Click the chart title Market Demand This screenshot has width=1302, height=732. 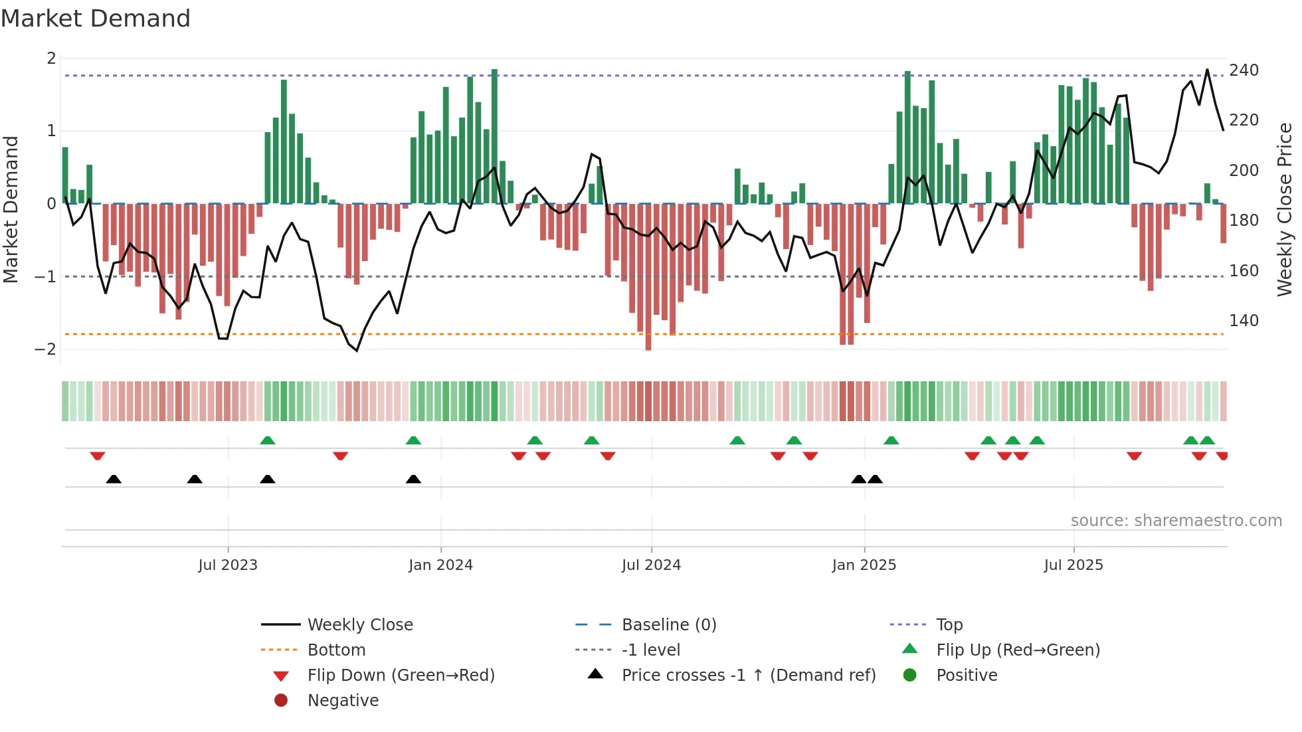tap(96, 19)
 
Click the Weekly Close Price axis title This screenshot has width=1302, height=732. tap(1285, 209)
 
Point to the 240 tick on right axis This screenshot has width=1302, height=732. tap(1244, 70)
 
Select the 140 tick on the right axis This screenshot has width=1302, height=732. tap(1244, 321)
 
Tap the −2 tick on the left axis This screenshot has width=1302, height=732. tap(45, 349)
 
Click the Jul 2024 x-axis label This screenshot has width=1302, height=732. tap(651, 565)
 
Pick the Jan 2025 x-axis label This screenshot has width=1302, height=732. tap(864, 565)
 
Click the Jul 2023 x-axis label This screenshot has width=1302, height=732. tap(228, 565)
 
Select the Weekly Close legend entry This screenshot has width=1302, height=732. tap(360, 625)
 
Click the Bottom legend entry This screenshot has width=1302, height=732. tap(336, 650)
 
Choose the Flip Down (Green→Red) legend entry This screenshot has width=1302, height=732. tap(401, 676)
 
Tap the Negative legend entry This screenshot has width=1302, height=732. tap(343, 701)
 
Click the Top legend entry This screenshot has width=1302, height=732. tap(949, 625)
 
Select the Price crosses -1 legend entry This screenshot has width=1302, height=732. tap(749, 676)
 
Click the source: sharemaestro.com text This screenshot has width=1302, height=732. tap(1176, 521)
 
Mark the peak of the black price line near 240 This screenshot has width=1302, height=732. tap(1207, 70)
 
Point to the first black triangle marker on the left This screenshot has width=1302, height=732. tap(114, 480)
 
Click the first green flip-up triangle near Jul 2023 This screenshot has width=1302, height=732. tap(268, 440)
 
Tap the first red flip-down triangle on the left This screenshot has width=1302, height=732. tap(98, 456)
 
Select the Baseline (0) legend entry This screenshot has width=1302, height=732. tap(669, 625)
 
